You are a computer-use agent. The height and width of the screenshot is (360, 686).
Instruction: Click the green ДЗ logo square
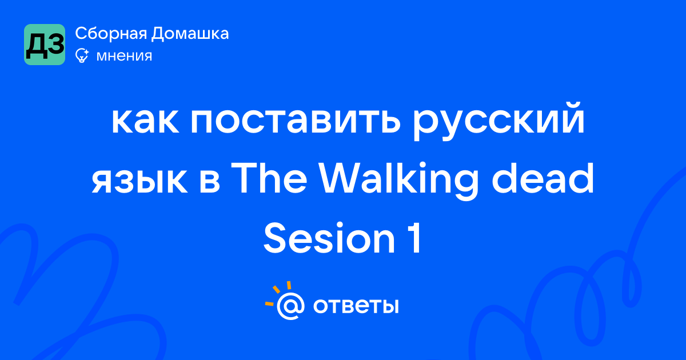pyautogui.click(x=45, y=45)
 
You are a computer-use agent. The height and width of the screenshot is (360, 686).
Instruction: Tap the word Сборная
pyautogui.click(x=111, y=34)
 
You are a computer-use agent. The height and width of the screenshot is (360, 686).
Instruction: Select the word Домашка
pyautogui.click(x=190, y=34)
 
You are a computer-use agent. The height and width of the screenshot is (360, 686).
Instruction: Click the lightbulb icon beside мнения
pyautogui.click(x=82, y=56)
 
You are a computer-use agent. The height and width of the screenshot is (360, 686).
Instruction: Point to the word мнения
pyautogui.click(x=125, y=56)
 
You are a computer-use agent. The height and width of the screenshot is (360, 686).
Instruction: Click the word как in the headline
pyautogui.click(x=145, y=121)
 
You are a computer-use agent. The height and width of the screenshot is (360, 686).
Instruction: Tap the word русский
pyautogui.click(x=498, y=121)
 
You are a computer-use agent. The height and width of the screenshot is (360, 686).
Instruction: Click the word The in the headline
pyautogui.click(x=269, y=178)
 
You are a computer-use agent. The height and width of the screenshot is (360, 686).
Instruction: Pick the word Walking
pyautogui.click(x=399, y=181)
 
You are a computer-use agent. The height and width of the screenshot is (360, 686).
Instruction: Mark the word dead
pyautogui.click(x=543, y=178)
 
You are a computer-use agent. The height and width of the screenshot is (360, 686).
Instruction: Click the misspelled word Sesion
pyautogui.click(x=329, y=238)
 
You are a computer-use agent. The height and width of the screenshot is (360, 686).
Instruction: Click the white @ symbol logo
pyautogui.click(x=290, y=306)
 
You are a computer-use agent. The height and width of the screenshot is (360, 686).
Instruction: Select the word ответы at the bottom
pyautogui.click(x=356, y=306)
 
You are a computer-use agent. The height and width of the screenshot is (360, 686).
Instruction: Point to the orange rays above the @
pyautogui.click(x=278, y=293)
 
